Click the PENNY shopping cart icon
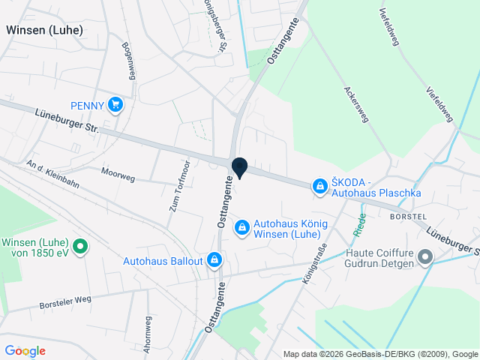pyautogui.click(x=115, y=104)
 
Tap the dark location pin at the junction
pyautogui.click(x=240, y=167)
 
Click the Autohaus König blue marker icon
pyautogui.click(x=242, y=226)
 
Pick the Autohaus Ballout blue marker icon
pyautogui.click(x=214, y=260)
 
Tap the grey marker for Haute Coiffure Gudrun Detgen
pyautogui.click(x=425, y=258)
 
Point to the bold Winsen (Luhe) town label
pyautogui.click(x=44, y=30)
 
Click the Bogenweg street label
pyautogui.click(x=129, y=61)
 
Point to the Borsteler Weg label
pyautogui.click(x=65, y=303)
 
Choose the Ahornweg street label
pyautogui.click(x=147, y=331)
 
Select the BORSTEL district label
pyautogui.click(x=408, y=215)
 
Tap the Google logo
pyautogui.click(x=25, y=351)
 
